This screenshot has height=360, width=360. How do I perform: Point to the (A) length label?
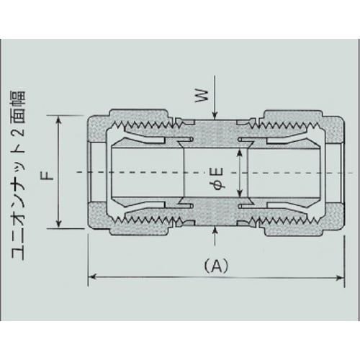pos(215,265)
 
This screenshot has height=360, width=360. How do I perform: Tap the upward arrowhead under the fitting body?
pos(217,231)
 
